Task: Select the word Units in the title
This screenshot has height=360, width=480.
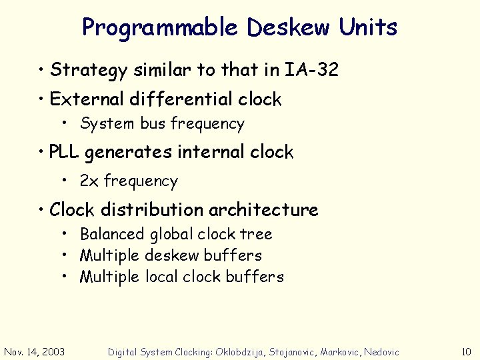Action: (368, 28)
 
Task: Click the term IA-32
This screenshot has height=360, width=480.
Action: (312, 69)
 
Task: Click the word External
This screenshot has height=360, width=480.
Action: (86, 99)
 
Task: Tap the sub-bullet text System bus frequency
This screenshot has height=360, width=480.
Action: (162, 123)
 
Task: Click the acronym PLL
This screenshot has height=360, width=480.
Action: (65, 152)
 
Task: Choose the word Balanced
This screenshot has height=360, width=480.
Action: (112, 234)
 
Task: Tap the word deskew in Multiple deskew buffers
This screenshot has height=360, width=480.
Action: (173, 255)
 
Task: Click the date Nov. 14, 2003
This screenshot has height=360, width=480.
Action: (35, 351)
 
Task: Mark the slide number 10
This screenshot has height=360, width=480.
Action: (465, 351)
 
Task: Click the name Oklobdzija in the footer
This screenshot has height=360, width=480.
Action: (240, 351)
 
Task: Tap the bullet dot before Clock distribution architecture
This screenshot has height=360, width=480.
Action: (41, 210)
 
